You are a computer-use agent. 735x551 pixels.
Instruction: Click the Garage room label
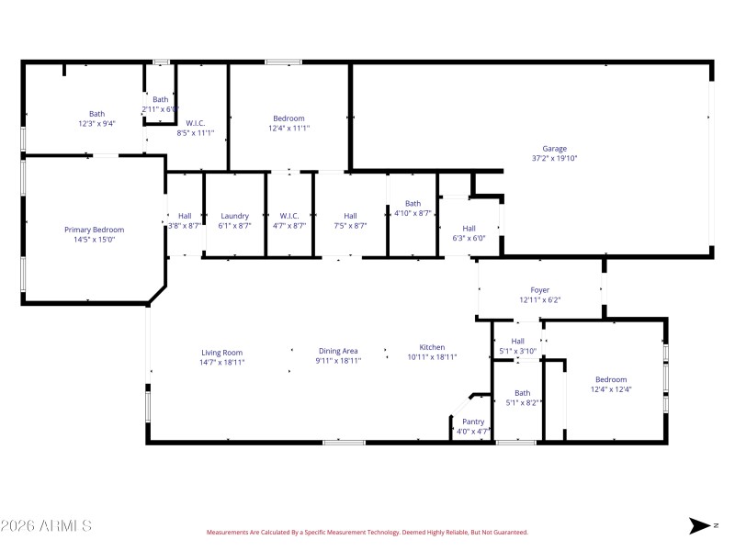[x=554, y=149]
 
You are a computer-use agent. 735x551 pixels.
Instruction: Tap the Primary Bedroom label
[x=94, y=230]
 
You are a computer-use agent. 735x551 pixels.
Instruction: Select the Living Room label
[x=222, y=352]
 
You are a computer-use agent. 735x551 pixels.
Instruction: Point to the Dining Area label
[x=338, y=351]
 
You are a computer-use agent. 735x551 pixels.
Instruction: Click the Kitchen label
[x=432, y=347]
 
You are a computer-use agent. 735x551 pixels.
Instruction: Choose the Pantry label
[x=473, y=422]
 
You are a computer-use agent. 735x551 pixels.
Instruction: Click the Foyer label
[x=539, y=290]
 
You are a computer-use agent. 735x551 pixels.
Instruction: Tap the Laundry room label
[x=235, y=216]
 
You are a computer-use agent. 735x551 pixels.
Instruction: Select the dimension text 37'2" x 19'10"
[x=554, y=158]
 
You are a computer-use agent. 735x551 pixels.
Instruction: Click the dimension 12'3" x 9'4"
[x=96, y=123]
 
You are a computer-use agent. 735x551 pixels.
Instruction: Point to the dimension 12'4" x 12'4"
[x=610, y=389]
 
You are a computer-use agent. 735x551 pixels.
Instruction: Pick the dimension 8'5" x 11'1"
[x=196, y=132]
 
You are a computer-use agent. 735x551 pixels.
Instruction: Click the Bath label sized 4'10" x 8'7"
[x=413, y=204]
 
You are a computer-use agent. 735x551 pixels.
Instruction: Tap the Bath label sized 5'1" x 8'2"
[x=522, y=393]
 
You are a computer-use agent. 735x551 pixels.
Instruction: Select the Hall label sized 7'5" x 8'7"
[x=349, y=216]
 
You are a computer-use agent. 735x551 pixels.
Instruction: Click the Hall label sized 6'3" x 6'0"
[x=469, y=229]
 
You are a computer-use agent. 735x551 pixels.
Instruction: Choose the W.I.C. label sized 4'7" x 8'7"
[x=289, y=216]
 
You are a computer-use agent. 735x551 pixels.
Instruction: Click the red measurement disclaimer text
[x=367, y=532]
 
